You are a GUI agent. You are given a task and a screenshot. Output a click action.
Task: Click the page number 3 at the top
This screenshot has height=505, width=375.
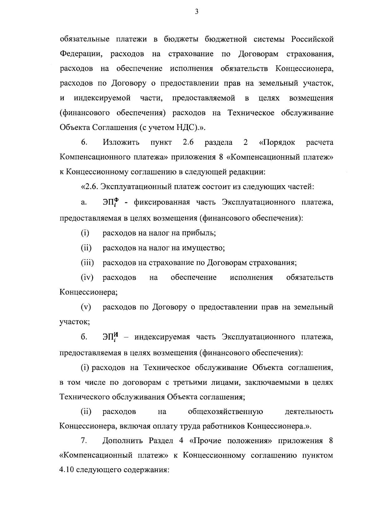(x=197, y=12)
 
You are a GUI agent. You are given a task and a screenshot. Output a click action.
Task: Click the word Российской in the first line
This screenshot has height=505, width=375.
(x=312, y=39)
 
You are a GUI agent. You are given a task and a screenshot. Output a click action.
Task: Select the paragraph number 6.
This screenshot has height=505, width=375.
(x=84, y=142)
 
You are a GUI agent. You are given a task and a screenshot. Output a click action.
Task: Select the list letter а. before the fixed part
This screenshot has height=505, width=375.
(x=83, y=202)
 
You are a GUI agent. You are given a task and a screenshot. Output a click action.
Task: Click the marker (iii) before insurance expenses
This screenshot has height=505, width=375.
(x=87, y=263)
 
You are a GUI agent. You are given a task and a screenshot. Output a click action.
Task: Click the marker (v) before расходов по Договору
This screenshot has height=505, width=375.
(x=86, y=307)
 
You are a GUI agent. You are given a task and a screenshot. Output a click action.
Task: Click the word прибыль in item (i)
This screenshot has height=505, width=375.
(x=200, y=233)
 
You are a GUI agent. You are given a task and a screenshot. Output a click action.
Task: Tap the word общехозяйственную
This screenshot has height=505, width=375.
(x=225, y=412)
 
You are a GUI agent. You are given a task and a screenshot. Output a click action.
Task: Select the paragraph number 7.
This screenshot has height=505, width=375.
(x=84, y=441)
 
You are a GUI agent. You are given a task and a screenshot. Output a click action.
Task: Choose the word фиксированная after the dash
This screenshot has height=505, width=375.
(x=162, y=202)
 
